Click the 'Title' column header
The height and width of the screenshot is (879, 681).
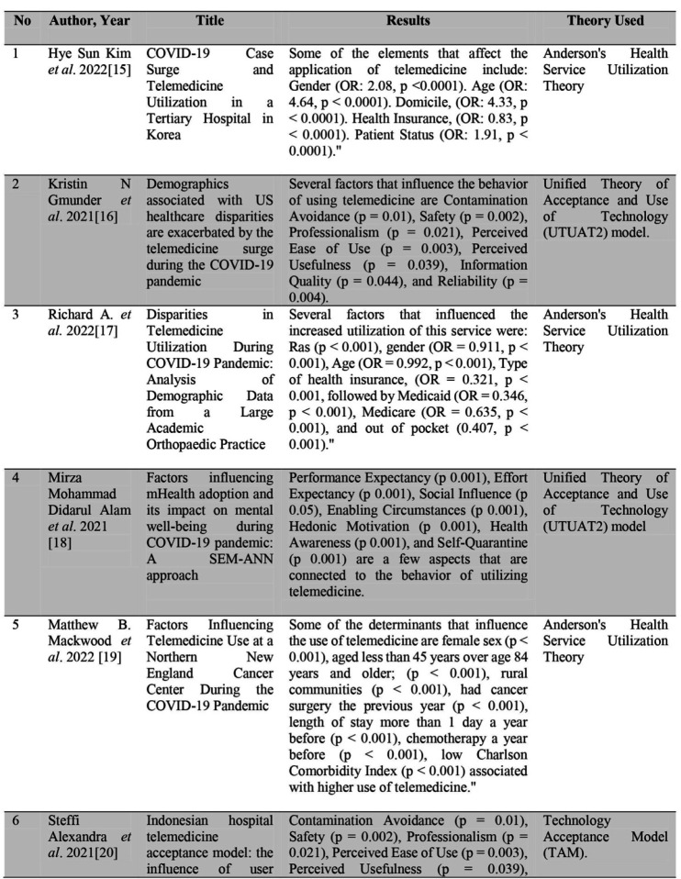tap(209, 20)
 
